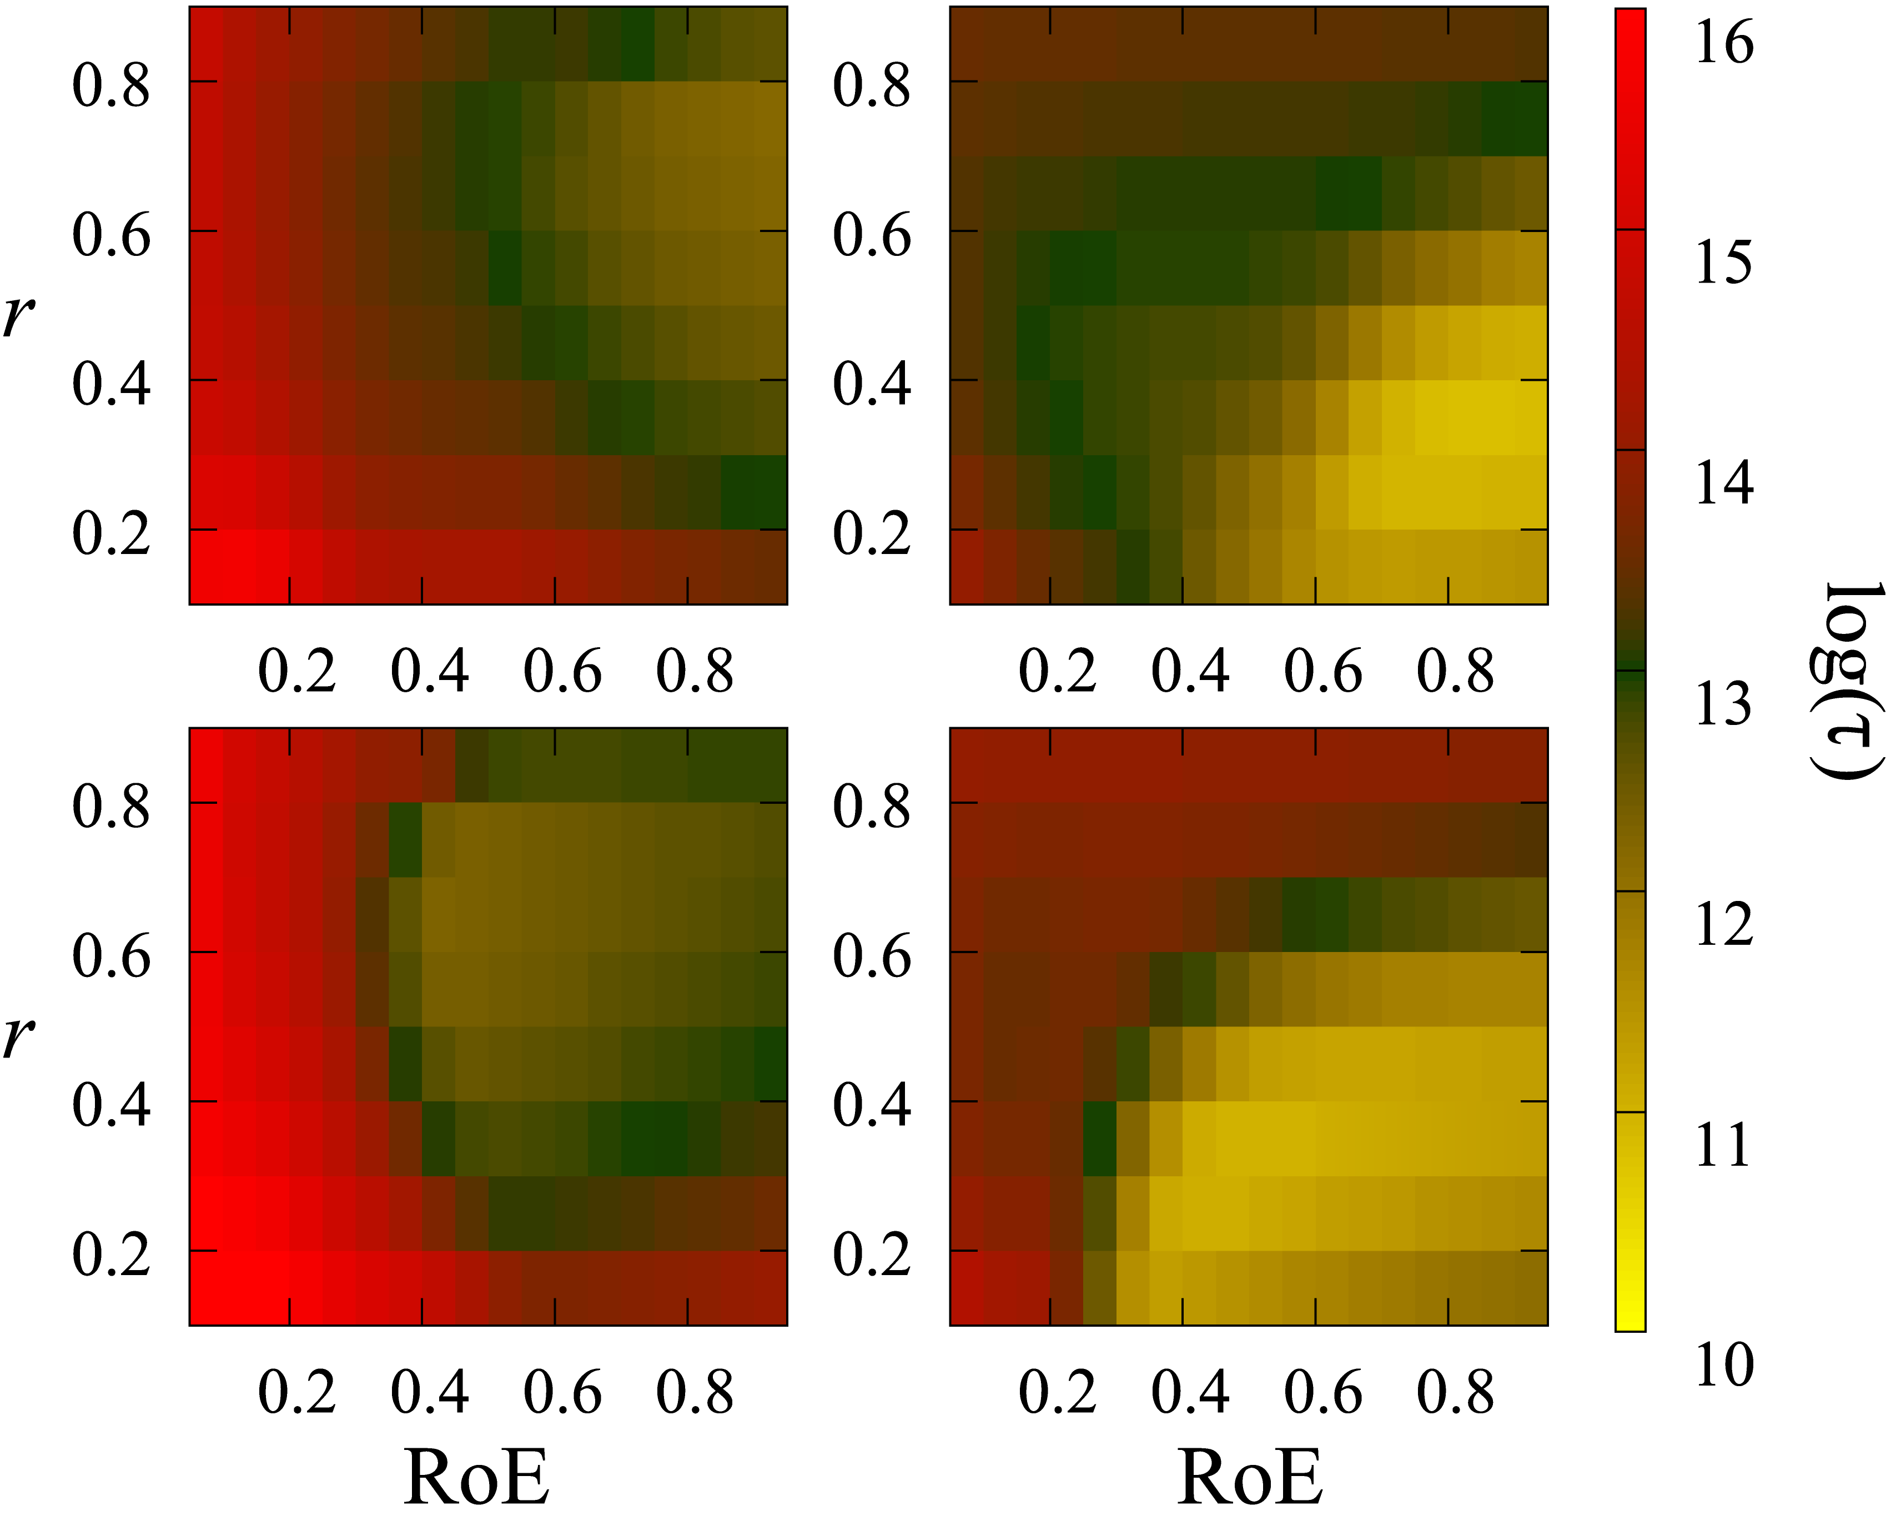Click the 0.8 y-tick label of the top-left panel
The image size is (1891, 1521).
[x=112, y=86]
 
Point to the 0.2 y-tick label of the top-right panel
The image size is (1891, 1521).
[x=872, y=533]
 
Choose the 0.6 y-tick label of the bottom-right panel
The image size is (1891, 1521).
[x=872, y=955]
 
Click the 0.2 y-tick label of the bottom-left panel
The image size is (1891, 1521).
[x=112, y=1255]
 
